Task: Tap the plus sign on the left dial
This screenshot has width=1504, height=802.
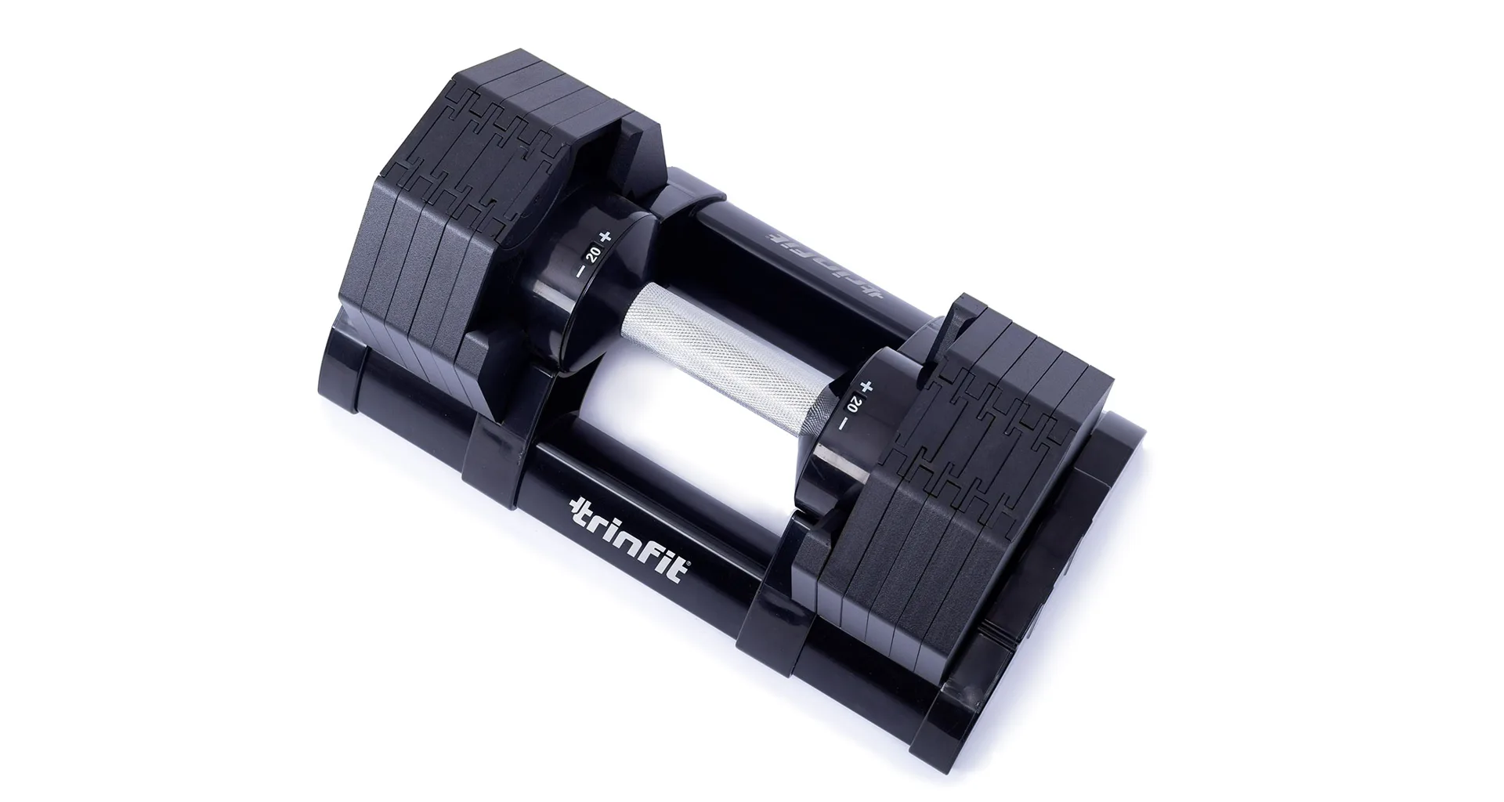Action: click(603, 236)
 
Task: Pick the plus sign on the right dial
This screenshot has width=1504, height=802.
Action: click(866, 386)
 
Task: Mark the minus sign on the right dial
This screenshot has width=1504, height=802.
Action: click(842, 424)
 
